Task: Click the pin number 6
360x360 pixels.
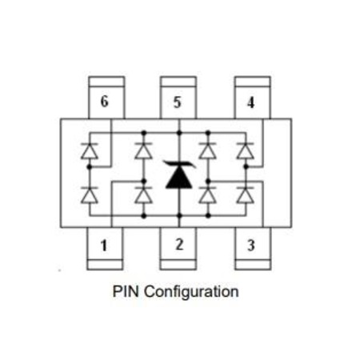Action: pyautogui.click(x=104, y=102)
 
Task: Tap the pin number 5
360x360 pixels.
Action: pyautogui.click(x=177, y=102)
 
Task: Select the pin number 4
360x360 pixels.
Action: pyautogui.click(x=250, y=102)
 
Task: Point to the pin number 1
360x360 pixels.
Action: pyautogui.click(x=104, y=246)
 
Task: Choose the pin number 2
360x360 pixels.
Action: pyautogui.click(x=179, y=244)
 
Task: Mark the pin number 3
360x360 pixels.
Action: pyautogui.click(x=250, y=246)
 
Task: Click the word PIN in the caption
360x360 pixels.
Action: pyautogui.click(x=126, y=291)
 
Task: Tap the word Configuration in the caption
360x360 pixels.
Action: pyautogui.click(x=191, y=292)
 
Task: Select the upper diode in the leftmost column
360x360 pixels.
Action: pyautogui.click(x=90, y=151)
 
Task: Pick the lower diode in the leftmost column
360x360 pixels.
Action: pyautogui.click(x=90, y=195)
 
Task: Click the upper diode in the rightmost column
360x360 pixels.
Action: pyautogui.click(x=246, y=151)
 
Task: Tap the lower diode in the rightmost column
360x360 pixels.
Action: pyautogui.click(x=246, y=195)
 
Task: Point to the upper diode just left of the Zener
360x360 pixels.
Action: pyautogui.click(x=144, y=151)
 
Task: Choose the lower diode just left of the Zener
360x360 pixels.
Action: pyautogui.click(x=144, y=195)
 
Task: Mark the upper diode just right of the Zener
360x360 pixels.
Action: pyautogui.click(x=208, y=151)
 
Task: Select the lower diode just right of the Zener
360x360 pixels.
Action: pyautogui.click(x=208, y=195)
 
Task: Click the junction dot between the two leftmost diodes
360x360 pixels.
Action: pyautogui.click(x=90, y=167)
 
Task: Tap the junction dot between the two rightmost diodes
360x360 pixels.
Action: pyautogui.click(x=246, y=166)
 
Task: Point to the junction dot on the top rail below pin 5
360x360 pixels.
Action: pyautogui.click(x=179, y=133)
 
